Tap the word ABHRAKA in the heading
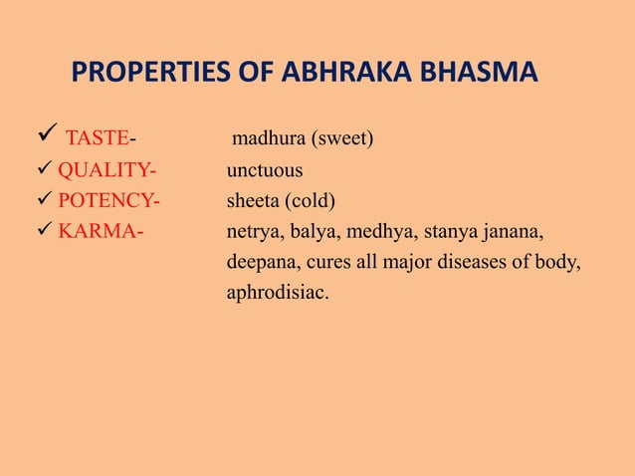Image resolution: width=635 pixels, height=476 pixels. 345,74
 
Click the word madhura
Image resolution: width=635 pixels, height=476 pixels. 267,137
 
